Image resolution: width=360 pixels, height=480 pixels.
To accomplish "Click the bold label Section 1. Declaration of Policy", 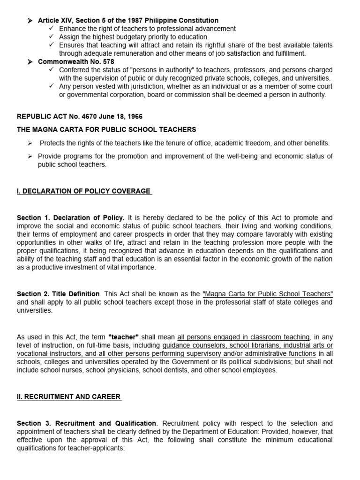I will pyautogui.click(x=71, y=218).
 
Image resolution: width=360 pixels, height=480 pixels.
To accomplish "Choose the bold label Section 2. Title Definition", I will pyautogui.click(x=58, y=294).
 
